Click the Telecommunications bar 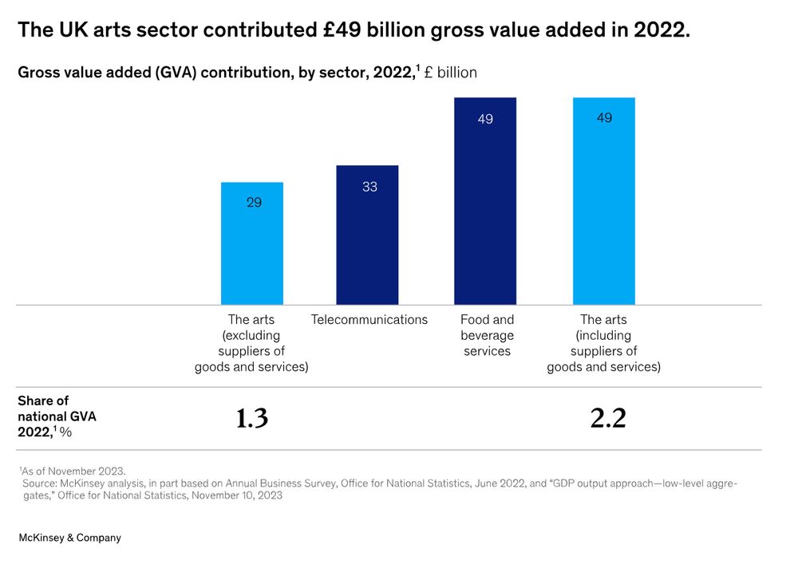(367, 239)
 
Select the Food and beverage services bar (485, 207)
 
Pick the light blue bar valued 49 (604, 207)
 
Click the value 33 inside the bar (369, 187)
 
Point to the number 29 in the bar (254, 203)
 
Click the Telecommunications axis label (369, 320)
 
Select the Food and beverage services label (487, 335)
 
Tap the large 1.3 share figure (252, 418)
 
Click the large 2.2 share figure (608, 418)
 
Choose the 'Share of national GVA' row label (56, 416)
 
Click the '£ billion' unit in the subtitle (451, 73)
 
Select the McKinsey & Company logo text (70, 538)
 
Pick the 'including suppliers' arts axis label (604, 343)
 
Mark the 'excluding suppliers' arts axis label (251, 343)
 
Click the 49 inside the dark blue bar (485, 120)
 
